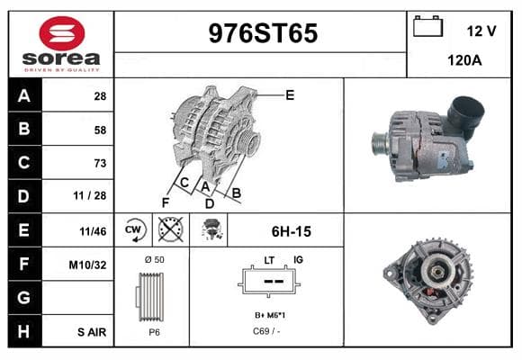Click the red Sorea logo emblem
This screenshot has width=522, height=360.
(x=62, y=33)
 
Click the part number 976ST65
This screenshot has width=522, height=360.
(x=263, y=33)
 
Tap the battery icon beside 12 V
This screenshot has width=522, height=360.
(x=427, y=26)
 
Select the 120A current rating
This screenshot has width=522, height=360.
(x=464, y=60)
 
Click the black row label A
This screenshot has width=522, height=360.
(x=25, y=95)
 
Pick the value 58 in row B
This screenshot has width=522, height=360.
(x=100, y=130)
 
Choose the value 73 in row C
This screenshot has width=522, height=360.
(x=100, y=163)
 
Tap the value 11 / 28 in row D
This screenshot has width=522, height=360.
(x=90, y=196)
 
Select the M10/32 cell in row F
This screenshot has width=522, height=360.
(x=87, y=265)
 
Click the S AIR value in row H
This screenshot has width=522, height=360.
(x=92, y=332)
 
